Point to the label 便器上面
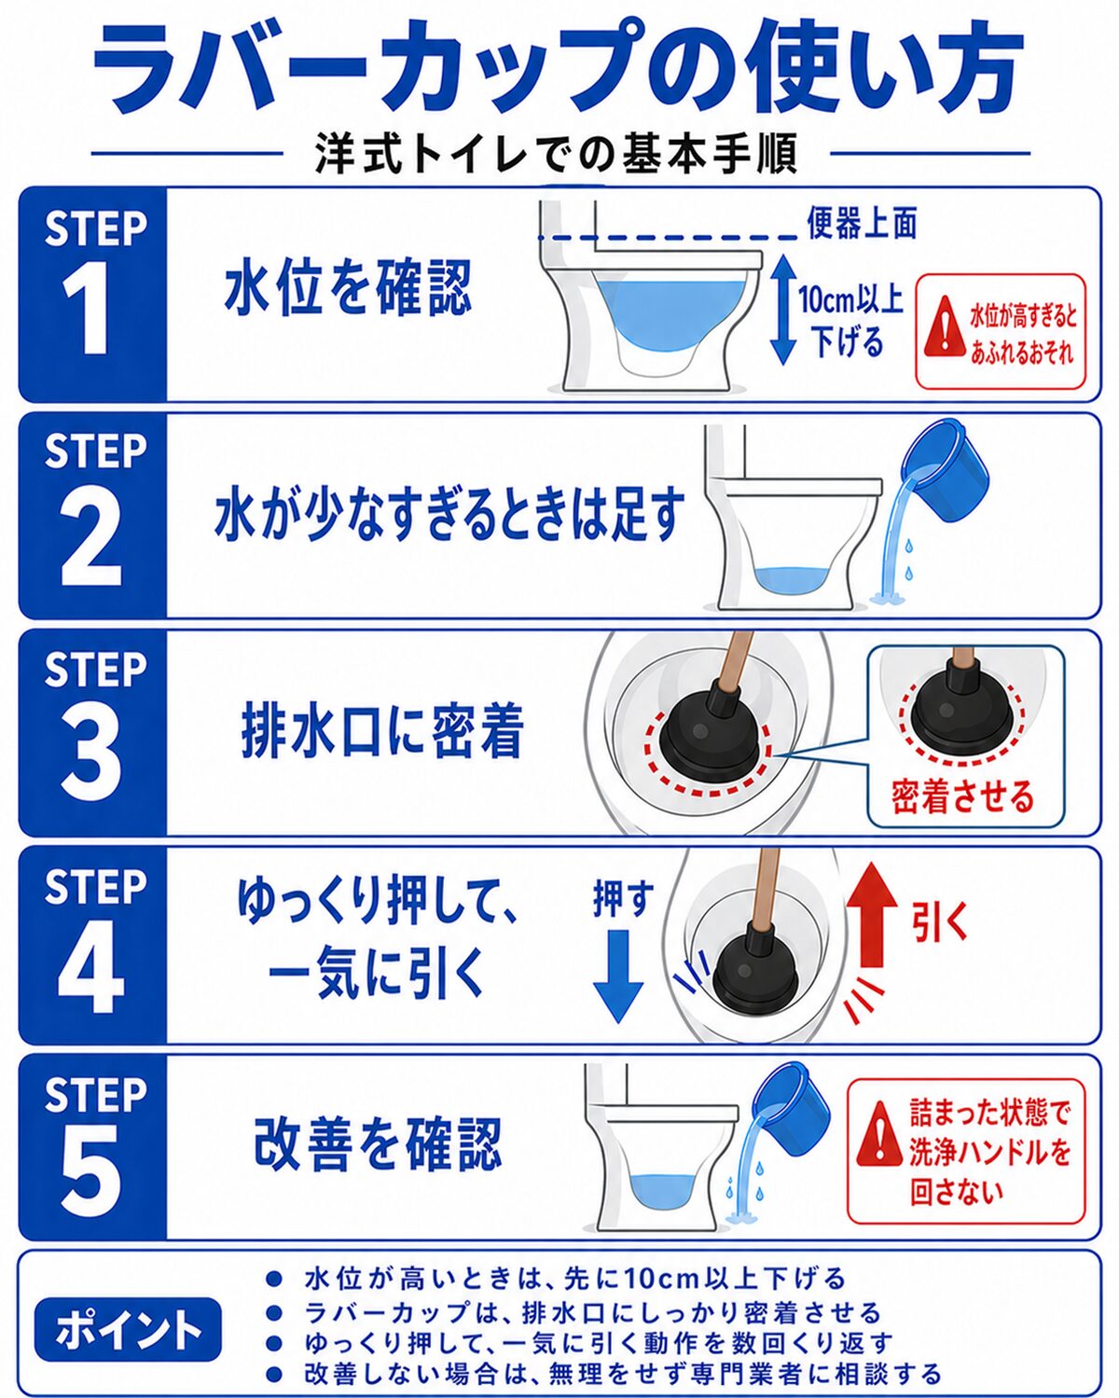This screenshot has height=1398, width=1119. (x=861, y=222)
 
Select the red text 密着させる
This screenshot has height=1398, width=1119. (x=962, y=796)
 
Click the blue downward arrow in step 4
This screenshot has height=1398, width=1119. (x=618, y=975)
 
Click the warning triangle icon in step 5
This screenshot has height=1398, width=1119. (x=878, y=1132)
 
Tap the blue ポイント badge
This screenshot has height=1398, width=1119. (x=129, y=1328)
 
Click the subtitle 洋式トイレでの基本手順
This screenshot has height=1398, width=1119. (x=557, y=155)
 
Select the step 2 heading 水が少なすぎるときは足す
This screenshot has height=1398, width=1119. (x=449, y=516)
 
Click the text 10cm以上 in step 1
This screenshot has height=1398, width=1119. (x=850, y=299)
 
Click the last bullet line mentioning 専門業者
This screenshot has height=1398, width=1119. (x=622, y=1374)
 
